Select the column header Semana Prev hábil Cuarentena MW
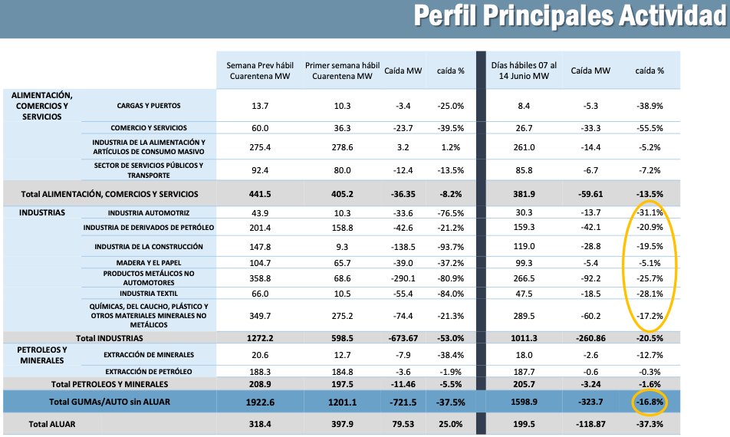click(x=260, y=71)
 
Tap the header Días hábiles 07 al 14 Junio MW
click(x=524, y=71)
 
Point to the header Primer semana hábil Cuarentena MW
click(x=342, y=71)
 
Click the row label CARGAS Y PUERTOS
click(x=149, y=106)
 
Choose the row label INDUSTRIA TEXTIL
click(x=149, y=294)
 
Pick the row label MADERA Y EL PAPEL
click(x=149, y=263)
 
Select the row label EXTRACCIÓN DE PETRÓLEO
click(x=149, y=372)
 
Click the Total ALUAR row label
click(x=51, y=424)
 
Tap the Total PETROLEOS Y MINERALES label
click(x=110, y=384)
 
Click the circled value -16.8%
click(x=650, y=402)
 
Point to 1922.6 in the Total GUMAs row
click(x=260, y=402)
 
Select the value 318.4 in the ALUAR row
click(x=260, y=424)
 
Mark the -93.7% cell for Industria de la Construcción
click(x=451, y=247)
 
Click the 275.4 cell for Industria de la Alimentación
click(x=260, y=147)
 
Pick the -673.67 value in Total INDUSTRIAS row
click(x=403, y=338)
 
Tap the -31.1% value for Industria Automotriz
click(x=650, y=212)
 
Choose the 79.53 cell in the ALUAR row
click(x=403, y=424)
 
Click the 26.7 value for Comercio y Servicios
click(x=524, y=128)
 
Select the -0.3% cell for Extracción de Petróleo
click(x=650, y=372)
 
